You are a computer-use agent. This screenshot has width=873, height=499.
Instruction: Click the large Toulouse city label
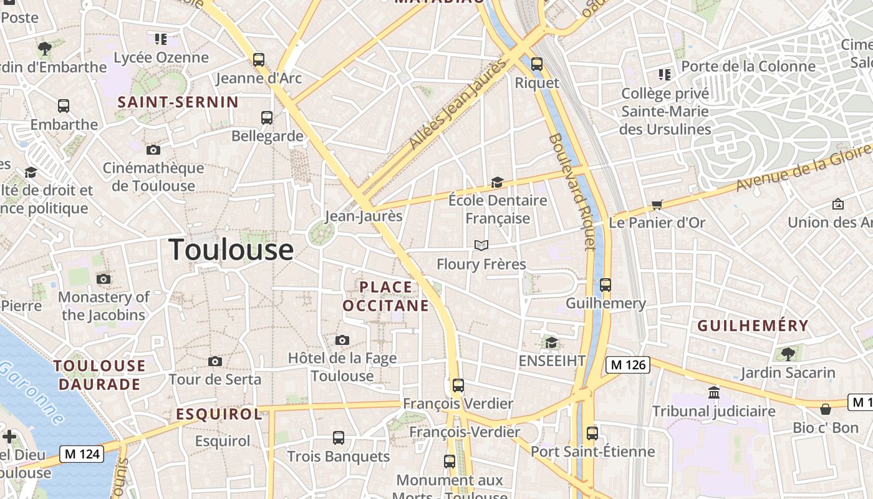[x=231, y=249]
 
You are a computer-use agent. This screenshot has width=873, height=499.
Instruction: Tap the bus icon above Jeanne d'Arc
[x=259, y=60]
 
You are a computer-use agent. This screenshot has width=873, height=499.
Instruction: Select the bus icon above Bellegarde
[x=267, y=117]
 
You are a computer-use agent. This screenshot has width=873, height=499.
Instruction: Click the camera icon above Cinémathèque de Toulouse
[x=153, y=150]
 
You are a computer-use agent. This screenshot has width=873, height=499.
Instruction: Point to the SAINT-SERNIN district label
[x=178, y=102]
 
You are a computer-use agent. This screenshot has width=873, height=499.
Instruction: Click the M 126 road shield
[x=627, y=365]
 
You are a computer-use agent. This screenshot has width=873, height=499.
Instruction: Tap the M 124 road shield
[x=82, y=453]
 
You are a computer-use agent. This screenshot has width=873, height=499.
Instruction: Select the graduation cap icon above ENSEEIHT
[x=551, y=342]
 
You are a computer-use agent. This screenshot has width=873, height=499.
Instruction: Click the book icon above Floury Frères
[x=481, y=245]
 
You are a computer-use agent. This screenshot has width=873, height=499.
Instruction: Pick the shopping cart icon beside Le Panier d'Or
[x=657, y=205]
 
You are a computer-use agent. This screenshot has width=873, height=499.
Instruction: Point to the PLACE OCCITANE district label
[x=386, y=296]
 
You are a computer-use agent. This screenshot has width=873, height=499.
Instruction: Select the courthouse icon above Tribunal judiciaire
[x=714, y=392]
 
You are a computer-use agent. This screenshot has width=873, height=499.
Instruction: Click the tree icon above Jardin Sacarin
[x=788, y=354]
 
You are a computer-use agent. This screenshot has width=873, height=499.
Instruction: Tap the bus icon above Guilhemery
[x=605, y=285]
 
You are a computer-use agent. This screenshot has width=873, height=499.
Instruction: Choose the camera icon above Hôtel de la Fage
[x=342, y=340]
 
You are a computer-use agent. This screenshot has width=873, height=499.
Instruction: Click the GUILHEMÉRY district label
[x=753, y=326]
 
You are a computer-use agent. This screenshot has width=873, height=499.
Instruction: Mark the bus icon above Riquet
[x=536, y=64]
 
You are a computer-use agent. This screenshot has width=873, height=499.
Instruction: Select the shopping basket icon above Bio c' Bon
[x=826, y=409]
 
